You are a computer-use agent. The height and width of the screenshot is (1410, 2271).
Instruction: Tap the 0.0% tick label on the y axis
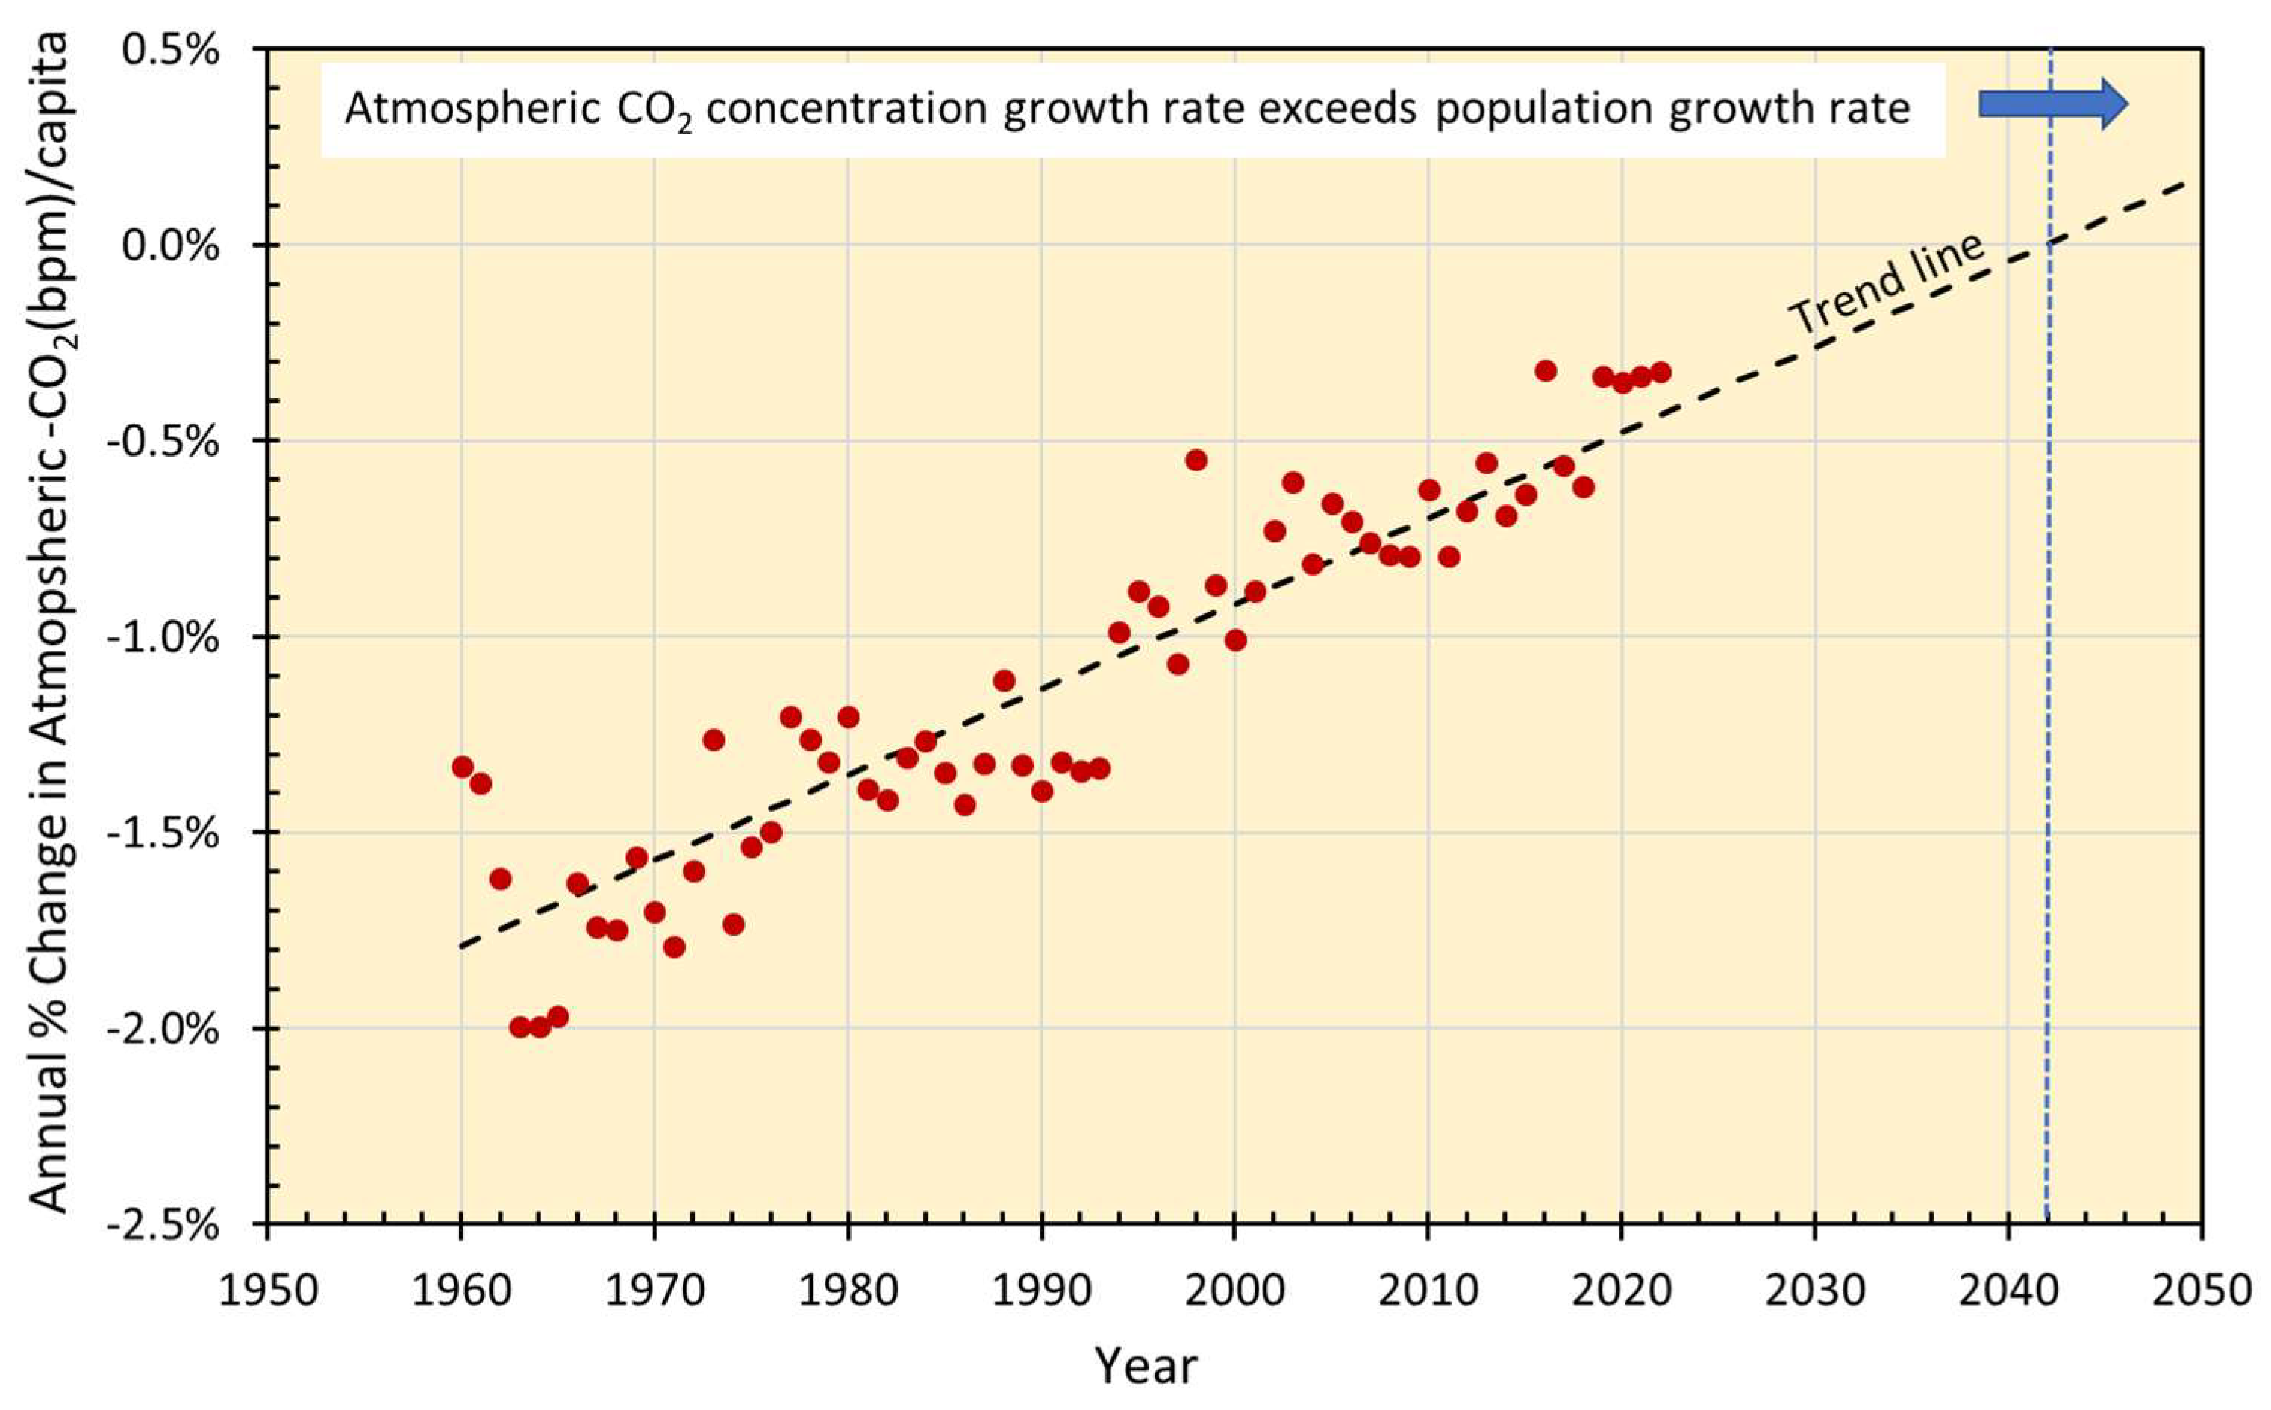tap(172, 245)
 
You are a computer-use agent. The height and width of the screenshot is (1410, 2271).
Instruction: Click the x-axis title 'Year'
tap(1146, 1366)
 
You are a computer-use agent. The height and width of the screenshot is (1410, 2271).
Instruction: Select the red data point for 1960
tap(463, 767)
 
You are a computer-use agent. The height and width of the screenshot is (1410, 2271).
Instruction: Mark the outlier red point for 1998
tap(1196, 460)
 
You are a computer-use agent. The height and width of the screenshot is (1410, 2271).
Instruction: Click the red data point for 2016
tap(1546, 370)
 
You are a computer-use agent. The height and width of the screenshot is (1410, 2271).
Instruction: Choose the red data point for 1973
tap(713, 739)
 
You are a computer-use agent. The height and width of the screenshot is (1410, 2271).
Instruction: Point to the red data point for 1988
tap(1004, 680)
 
